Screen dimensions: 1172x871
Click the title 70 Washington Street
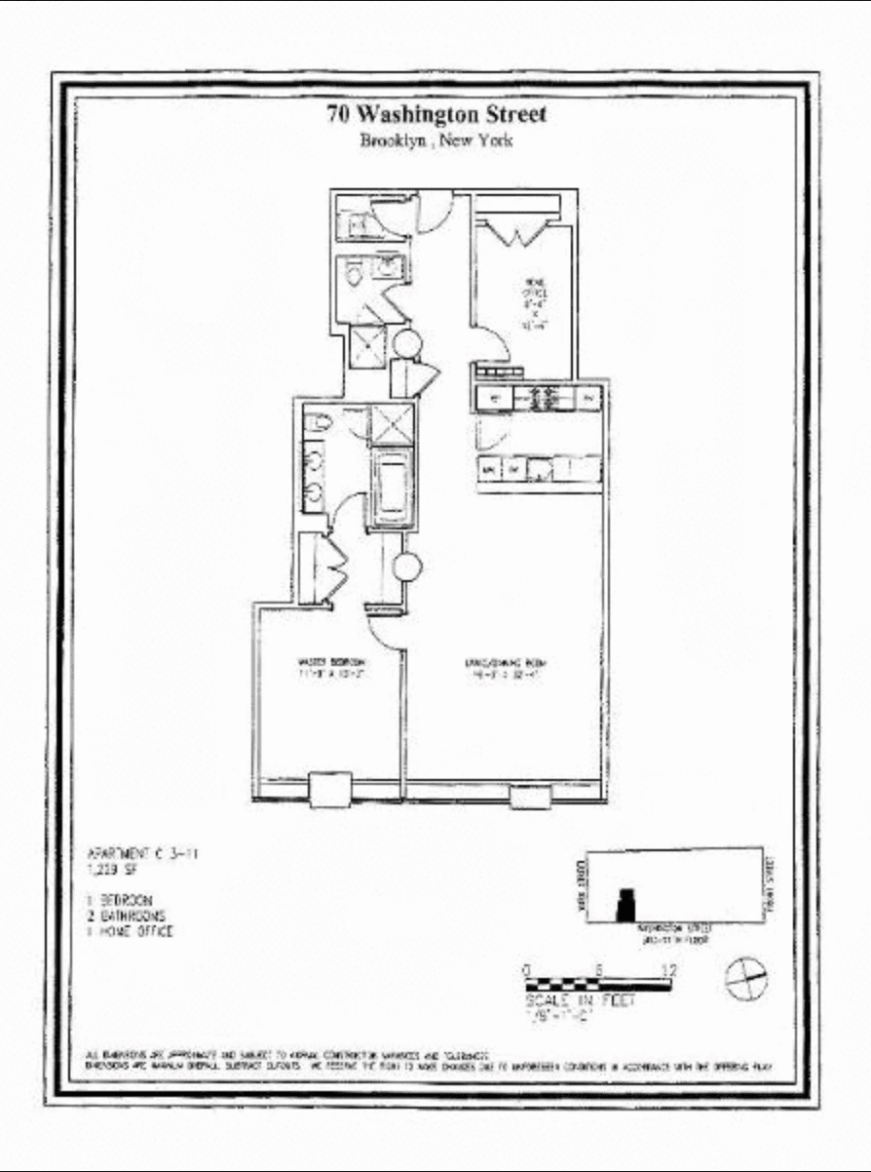tap(436, 114)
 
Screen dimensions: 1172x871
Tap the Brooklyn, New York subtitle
tap(435, 140)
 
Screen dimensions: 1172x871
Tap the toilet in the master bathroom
tap(318, 421)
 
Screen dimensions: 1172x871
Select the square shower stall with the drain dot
tap(368, 343)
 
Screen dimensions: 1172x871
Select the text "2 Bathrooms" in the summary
tap(127, 917)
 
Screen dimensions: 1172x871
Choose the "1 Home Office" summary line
tap(131, 932)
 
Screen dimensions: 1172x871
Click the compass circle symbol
tap(745, 977)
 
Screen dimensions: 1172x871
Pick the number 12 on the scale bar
tap(668, 970)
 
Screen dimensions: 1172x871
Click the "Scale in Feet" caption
tap(580, 1000)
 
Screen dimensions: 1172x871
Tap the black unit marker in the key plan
tap(625, 907)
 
